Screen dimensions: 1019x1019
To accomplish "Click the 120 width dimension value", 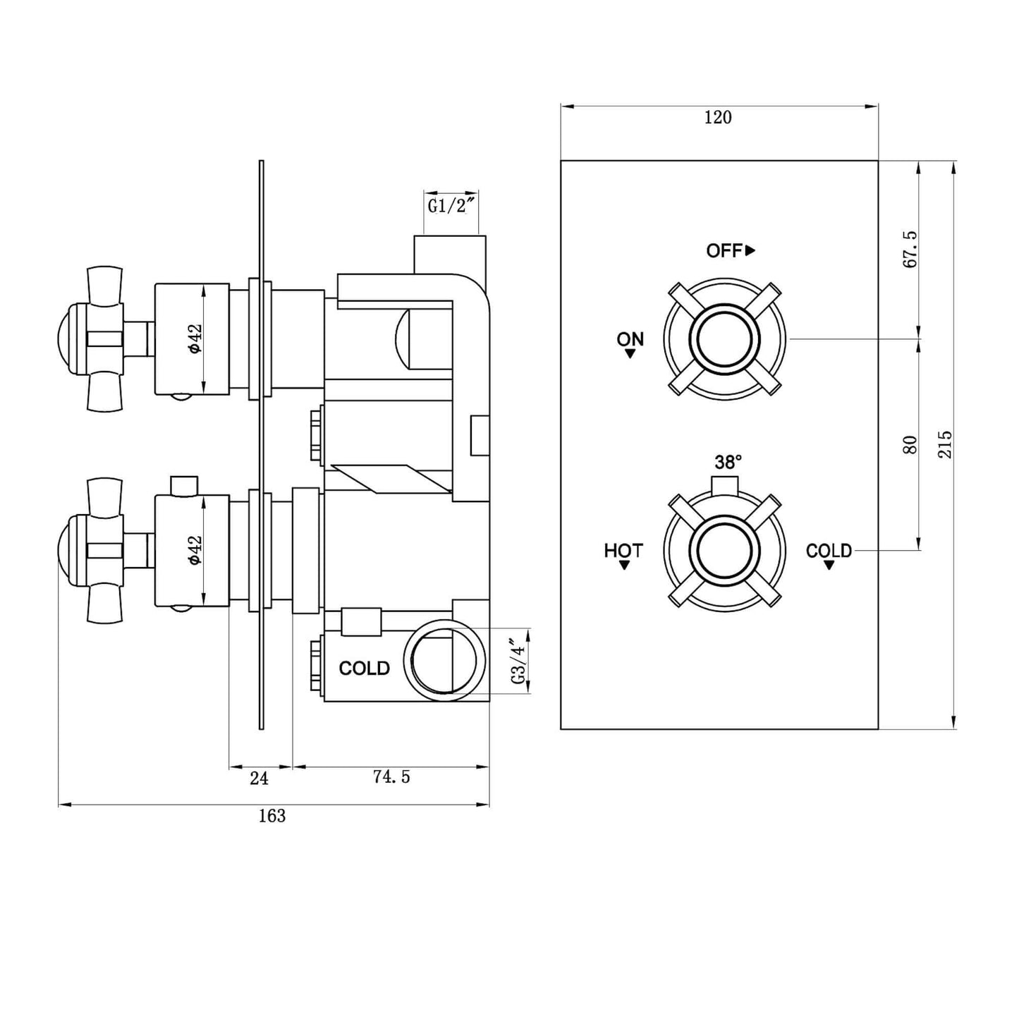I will (x=718, y=118).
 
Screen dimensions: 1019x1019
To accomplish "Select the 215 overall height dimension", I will (x=945, y=444).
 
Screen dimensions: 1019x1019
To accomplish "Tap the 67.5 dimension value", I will (x=910, y=249).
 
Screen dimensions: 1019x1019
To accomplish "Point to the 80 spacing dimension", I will (x=910, y=444).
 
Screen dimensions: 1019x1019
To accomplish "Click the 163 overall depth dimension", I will (x=271, y=816).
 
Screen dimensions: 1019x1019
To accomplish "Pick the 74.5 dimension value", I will (x=391, y=777).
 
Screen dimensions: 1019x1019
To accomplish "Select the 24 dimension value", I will (x=259, y=778).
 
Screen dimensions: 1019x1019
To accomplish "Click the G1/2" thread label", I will (x=452, y=207).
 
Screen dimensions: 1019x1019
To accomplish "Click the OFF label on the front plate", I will (x=724, y=250).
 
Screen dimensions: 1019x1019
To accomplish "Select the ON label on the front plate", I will (x=630, y=339).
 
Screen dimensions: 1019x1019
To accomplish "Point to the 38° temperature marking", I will (x=728, y=463).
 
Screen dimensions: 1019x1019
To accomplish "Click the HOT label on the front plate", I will (x=623, y=550).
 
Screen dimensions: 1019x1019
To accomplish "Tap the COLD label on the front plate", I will (x=829, y=550).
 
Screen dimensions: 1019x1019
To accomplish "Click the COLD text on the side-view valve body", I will (x=364, y=669).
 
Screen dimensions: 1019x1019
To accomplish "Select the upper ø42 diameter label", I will (x=195, y=339).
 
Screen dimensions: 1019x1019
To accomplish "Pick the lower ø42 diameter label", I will (x=195, y=550).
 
